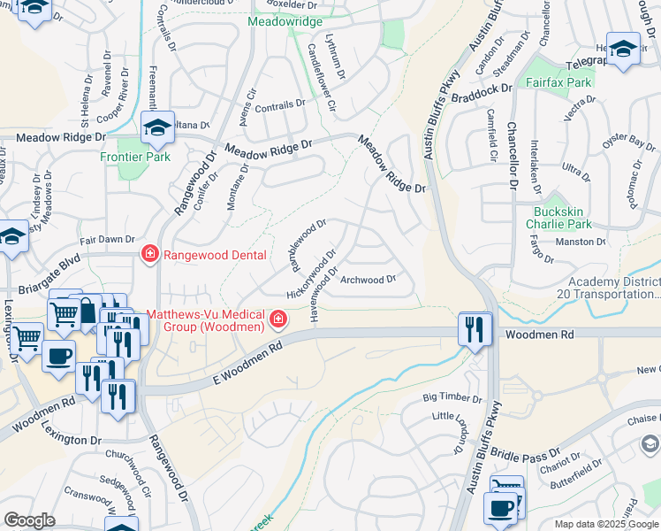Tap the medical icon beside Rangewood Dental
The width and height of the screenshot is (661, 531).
[149, 255]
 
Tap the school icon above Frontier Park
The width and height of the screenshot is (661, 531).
[157, 127]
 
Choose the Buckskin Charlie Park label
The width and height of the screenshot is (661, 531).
[569, 218]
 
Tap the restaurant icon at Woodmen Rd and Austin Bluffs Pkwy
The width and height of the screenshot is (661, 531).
[475, 329]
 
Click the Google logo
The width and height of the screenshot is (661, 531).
[30, 520]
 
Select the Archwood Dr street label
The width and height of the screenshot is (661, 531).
[367, 280]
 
